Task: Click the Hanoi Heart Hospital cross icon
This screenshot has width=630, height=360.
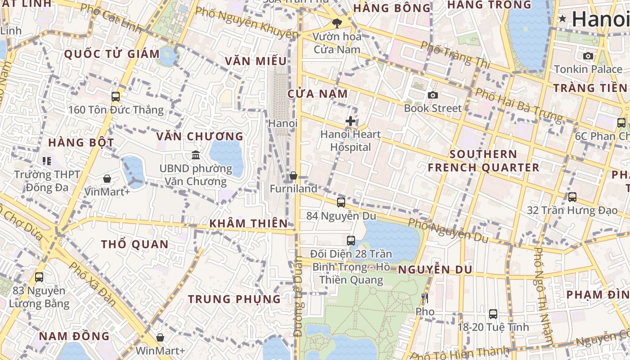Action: pos(351,121)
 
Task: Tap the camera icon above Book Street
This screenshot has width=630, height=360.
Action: pos(433,95)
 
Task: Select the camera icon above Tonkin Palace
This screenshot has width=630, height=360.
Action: pos(588,56)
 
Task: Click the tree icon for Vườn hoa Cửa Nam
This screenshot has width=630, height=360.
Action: pos(337,23)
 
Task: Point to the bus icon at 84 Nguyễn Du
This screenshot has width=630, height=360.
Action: pos(341,202)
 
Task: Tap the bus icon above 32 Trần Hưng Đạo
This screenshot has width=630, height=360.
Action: pos(572,197)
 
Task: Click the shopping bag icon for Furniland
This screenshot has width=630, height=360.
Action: pos(293,175)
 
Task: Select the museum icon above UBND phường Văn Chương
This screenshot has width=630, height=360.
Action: pos(196,155)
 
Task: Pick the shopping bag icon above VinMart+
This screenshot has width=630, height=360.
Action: pos(107,179)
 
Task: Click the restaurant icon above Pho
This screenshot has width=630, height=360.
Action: pos(425,298)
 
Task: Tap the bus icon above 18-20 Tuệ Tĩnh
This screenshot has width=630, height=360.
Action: pos(493,314)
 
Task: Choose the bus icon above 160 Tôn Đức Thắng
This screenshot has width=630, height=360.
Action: pos(116,96)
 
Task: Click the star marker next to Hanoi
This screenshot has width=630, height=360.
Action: pos(562,19)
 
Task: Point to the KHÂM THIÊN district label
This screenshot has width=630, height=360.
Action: pos(248,223)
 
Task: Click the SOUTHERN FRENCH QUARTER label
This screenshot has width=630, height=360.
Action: pos(483,161)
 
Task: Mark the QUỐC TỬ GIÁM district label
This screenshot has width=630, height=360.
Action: pos(112,54)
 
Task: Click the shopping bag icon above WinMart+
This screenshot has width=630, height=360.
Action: pos(160,337)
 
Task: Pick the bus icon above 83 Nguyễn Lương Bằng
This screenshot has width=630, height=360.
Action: pos(39,277)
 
